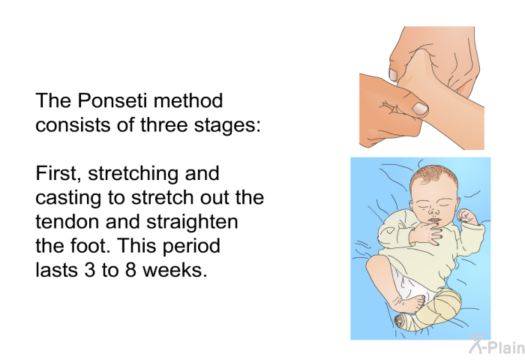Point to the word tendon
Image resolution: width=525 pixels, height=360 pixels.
pyautogui.click(x=68, y=222)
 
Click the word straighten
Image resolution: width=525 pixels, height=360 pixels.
pyautogui.click(x=192, y=222)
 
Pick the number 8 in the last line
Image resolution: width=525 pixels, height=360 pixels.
pyautogui.click(x=130, y=270)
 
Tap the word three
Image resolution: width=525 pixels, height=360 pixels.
pyautogui.click(x=163, y=124)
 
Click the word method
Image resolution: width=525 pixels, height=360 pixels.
pyautogui.click(x=188, y=100)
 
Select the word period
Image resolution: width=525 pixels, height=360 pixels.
pyautogui.click(x=190, y=246)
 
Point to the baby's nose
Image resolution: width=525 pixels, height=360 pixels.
pyautogui.click(x=434, y=212)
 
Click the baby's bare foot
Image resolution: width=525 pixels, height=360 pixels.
pyautogui.click(x=409, y=302)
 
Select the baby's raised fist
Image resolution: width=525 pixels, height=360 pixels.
pyautogui.click(x=467, y=216)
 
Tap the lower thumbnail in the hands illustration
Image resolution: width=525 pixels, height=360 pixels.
pyautogui.click(x=420, y=109)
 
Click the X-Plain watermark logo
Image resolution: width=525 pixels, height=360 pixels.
pyautogui.click(x=496, y=344)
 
